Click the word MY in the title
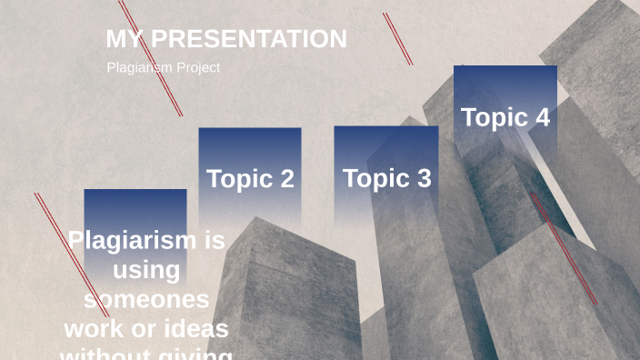125,39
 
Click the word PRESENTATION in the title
248,39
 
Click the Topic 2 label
250,179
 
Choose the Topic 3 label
386,179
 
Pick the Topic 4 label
505,117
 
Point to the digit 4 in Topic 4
542,117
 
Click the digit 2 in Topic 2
286,179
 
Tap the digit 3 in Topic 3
423,179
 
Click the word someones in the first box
146,299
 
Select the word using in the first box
146,270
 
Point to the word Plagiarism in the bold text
132,240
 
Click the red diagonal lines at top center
397,38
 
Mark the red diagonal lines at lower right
564,247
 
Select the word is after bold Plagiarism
215,240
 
